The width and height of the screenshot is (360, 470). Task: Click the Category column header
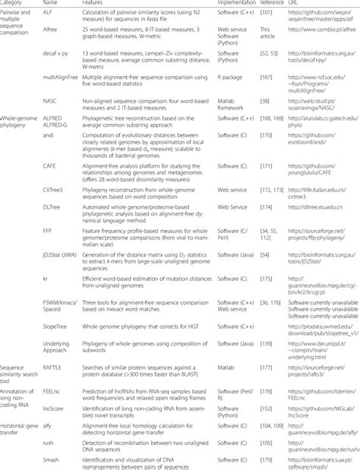(16, 4)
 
